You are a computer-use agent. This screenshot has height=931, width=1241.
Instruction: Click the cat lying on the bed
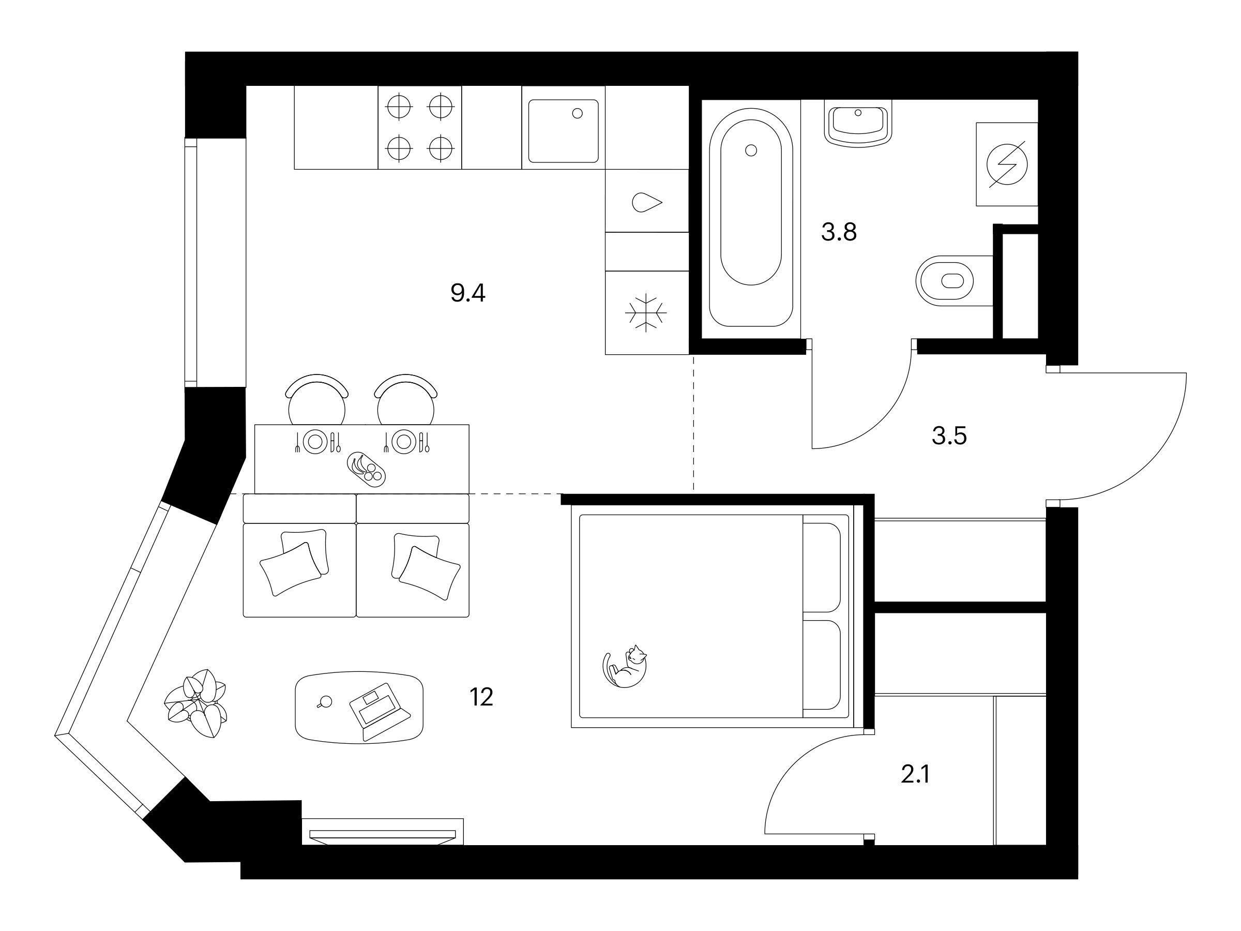(625, 666)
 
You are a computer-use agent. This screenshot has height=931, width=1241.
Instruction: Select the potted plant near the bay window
(196, 703)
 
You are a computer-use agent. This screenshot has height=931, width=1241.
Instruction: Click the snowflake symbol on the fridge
(646, 312)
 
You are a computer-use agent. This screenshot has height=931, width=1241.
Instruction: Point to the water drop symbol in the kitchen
(647, 202)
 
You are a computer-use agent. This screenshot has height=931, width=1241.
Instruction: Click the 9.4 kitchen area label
(468, 293)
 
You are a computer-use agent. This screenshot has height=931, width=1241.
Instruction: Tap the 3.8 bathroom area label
(839, 232)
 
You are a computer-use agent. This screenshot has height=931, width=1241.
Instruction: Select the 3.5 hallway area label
(949, 436)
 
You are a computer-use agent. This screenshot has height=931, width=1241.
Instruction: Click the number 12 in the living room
(481, 697)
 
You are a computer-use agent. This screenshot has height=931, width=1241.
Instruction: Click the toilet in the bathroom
(954, 280)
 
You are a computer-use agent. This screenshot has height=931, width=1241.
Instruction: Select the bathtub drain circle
(751, 151)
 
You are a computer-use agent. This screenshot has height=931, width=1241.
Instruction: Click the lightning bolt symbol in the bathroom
(1007, 164)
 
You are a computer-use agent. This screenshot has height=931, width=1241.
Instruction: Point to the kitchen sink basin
(563, 131)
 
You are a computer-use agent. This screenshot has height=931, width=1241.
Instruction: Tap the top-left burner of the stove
(400, 106)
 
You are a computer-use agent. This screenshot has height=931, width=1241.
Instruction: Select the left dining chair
(316, 399)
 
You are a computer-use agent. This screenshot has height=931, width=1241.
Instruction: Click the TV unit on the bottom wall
(383, 832)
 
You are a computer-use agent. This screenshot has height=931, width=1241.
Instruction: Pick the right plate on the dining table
(403, 442)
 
